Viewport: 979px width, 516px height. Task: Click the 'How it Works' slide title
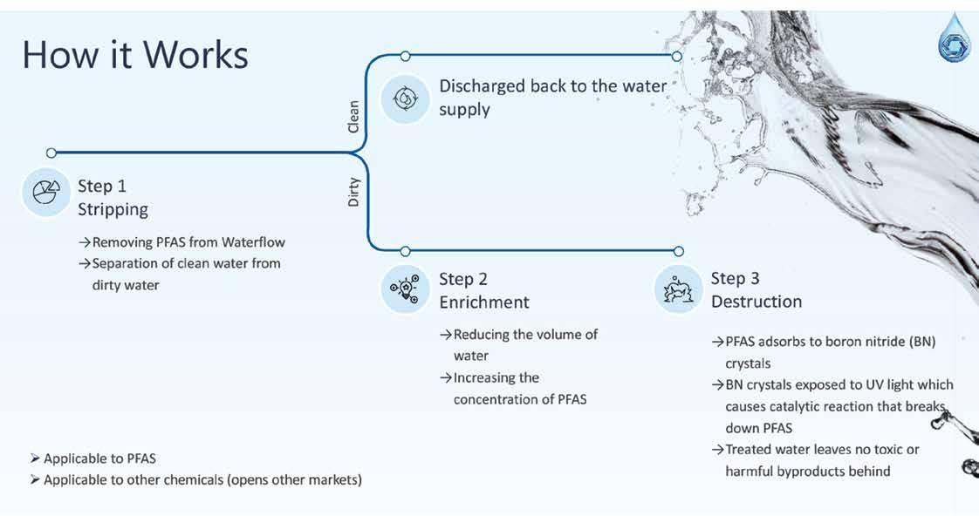pos(135,54)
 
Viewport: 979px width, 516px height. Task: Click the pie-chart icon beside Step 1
pos(45,193)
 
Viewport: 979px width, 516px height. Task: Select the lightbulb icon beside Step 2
pos(405,289)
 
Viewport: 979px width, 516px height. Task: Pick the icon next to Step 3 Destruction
pos(678,289)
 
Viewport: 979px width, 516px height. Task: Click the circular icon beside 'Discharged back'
pos(405,98)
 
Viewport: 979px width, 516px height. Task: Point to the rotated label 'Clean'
pos(353,117)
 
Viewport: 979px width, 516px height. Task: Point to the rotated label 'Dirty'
pos(353,192)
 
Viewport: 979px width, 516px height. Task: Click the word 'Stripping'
pos(113,209)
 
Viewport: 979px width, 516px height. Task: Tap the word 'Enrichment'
pos(484,302)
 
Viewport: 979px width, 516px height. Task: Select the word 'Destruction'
pos(756,302)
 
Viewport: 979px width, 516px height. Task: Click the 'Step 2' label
pos(463,279)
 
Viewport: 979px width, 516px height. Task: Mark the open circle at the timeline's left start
pos(51,153)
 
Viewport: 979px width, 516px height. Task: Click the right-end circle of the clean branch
pos(677,56)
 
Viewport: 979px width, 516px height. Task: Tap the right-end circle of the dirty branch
pos(679,251)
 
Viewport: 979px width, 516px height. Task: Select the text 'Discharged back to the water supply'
pos(552,98)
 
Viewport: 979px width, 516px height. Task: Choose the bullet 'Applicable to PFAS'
pos(99,458)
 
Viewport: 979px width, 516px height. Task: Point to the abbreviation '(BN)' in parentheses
pos(920,342)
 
